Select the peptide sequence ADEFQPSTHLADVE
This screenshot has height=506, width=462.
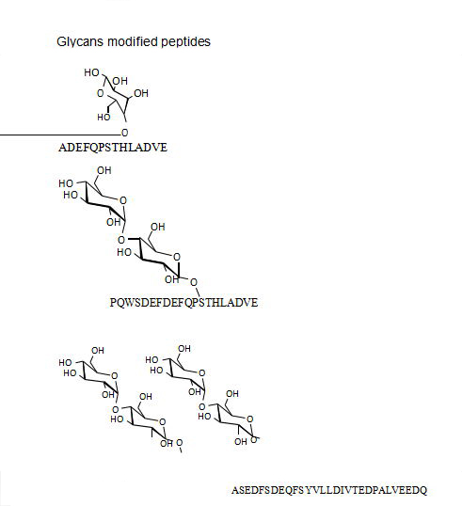click(x=113, y=148)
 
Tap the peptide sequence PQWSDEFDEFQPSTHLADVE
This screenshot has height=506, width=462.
click(x=184, y=303)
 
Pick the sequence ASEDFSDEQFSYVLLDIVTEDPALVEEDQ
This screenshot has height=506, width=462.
click(x=329, y=490)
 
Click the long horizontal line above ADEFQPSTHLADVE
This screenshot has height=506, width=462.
click(x=59, y=134)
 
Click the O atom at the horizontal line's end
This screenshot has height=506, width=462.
click(x=124, y=133)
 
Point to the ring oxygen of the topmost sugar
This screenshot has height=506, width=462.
click(x=101, y=93)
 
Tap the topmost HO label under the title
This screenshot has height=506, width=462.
click(x=91, y=72)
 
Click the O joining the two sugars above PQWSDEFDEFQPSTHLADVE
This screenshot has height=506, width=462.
click(x=121, y=240)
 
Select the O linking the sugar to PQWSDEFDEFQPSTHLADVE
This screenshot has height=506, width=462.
click(x=194, y=282)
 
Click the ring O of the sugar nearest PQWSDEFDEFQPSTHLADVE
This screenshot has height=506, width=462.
click(x=177, y=257)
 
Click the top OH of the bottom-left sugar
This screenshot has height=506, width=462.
click(x=98, y=351)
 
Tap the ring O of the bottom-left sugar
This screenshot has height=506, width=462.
click(x=114, y=375)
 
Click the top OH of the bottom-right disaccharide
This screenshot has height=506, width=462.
click(x=184, y=349)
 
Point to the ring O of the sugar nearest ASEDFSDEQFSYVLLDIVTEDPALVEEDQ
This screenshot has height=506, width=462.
click(x=249, y=419)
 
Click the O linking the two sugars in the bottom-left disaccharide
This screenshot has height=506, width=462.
click(x=115, y=409)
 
